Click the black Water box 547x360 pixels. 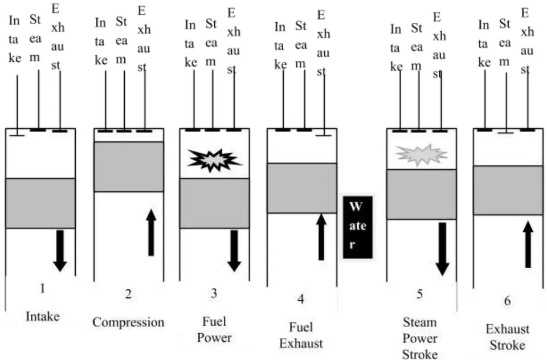[x=358, y=227]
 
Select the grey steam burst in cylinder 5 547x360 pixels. [x=421, y=155]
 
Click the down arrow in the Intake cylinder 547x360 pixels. [x=60, y=251]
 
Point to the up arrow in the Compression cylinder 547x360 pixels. [x=151, y=232]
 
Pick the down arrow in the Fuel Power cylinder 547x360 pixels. [x=234, y=251]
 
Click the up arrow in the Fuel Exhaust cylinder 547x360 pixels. [x=321, y=237]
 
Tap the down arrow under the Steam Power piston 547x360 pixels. [x=442, y=249]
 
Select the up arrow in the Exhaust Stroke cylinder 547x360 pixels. [x=528, y=244]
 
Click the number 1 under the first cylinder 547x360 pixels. [x=42, y=288]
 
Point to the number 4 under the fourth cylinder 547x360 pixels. [x=301, y=299]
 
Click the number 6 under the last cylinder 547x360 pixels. [x=507, y=300]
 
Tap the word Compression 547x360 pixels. [x=128, y=322]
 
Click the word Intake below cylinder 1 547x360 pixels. [x=43, y=316]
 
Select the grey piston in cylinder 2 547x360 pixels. [x=129, y=167]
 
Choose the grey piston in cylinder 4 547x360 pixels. [x=302, y=188]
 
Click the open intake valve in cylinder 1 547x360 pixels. [x=17, y=135]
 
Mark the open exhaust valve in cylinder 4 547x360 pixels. [x=324, y=134]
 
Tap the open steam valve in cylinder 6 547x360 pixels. [x=506, y=133]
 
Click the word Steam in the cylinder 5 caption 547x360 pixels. [x=420, y=322]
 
